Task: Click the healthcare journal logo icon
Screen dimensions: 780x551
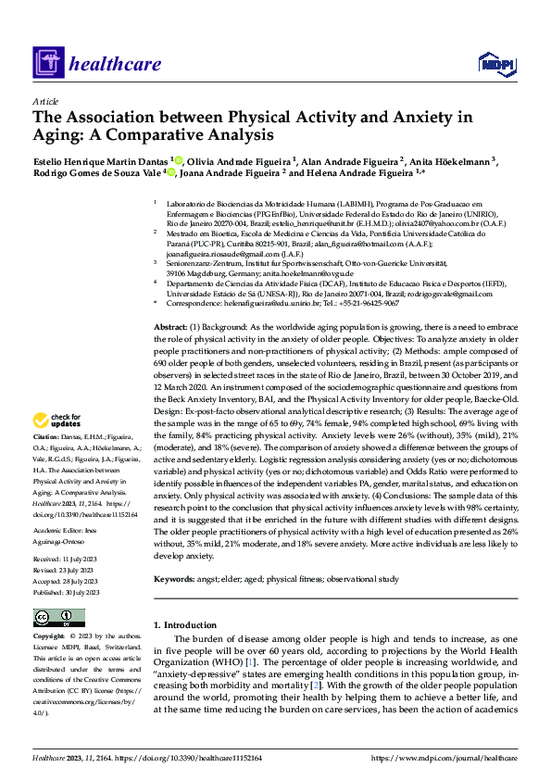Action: [x=47, y=64]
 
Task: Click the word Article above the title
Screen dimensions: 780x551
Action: [x=45, y=101]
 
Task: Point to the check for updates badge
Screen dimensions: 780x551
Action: [x=57, y=419]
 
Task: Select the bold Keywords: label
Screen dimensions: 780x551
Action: [x=177, y=579]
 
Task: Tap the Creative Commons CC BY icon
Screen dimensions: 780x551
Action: [x=54, y=618]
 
